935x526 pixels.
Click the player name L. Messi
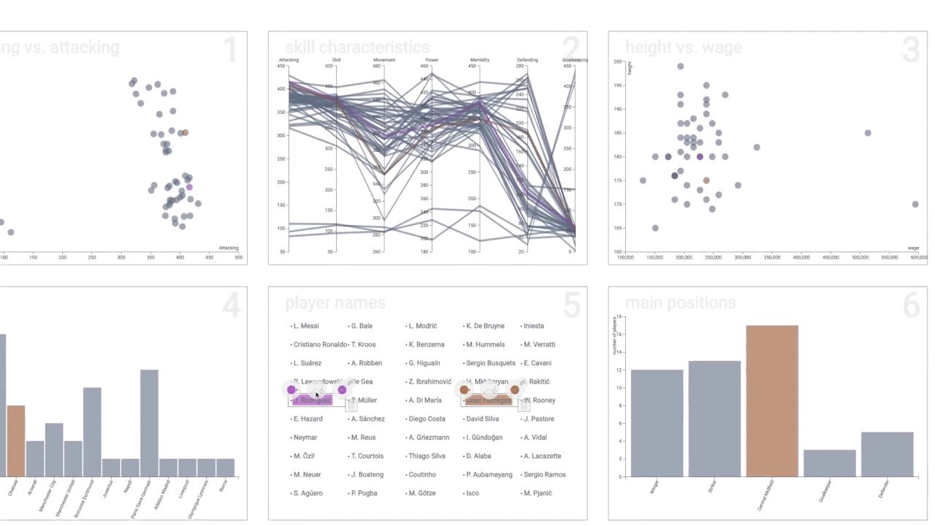click(306, 326)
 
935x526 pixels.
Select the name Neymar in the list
click(305, 438)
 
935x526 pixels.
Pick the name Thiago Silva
click(427, 456)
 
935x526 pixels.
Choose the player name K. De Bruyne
click(485, 326)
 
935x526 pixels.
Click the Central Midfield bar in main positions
click(772, 401)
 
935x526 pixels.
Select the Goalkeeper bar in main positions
click(830, 463)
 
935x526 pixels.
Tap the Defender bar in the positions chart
click(888, 454)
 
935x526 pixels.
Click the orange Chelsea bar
click(16, 441)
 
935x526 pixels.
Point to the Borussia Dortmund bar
click(92, 432)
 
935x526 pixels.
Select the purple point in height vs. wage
click(700, 157)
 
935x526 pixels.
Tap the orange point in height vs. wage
click(706, 180)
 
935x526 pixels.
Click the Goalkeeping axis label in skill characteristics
click(575, 60)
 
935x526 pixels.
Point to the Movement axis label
click(384, 60)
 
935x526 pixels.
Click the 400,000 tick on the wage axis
click(801, 257)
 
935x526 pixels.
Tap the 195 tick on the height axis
click(617, 85)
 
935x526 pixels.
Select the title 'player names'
click(335, 303)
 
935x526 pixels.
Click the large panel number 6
click(911, 306)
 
